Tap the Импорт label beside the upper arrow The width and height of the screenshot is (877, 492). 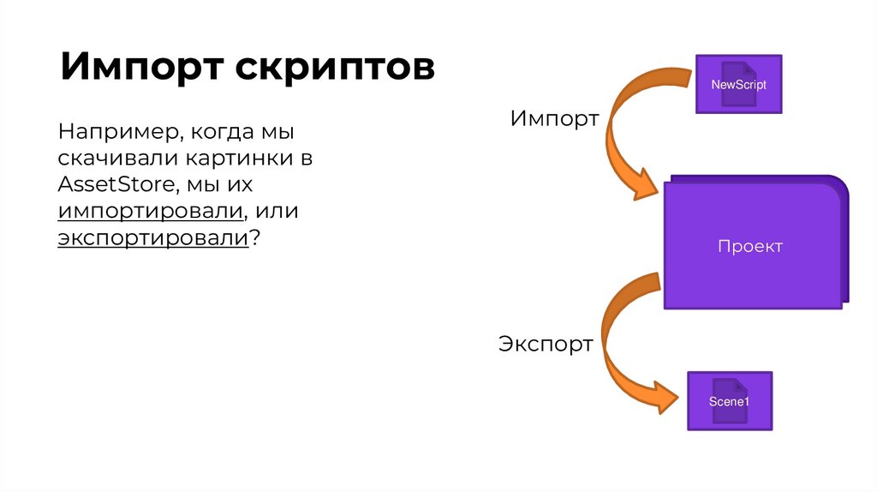coord(554,119)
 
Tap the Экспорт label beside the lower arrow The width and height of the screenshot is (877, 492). coord(546,345)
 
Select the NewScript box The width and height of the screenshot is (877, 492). coord(738,84)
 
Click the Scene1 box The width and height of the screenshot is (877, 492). coord(729,401)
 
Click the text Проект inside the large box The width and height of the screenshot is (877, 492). coord(750,247)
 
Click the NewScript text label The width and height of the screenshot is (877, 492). coord(739,85)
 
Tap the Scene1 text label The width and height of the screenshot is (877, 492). coord(729,401)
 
